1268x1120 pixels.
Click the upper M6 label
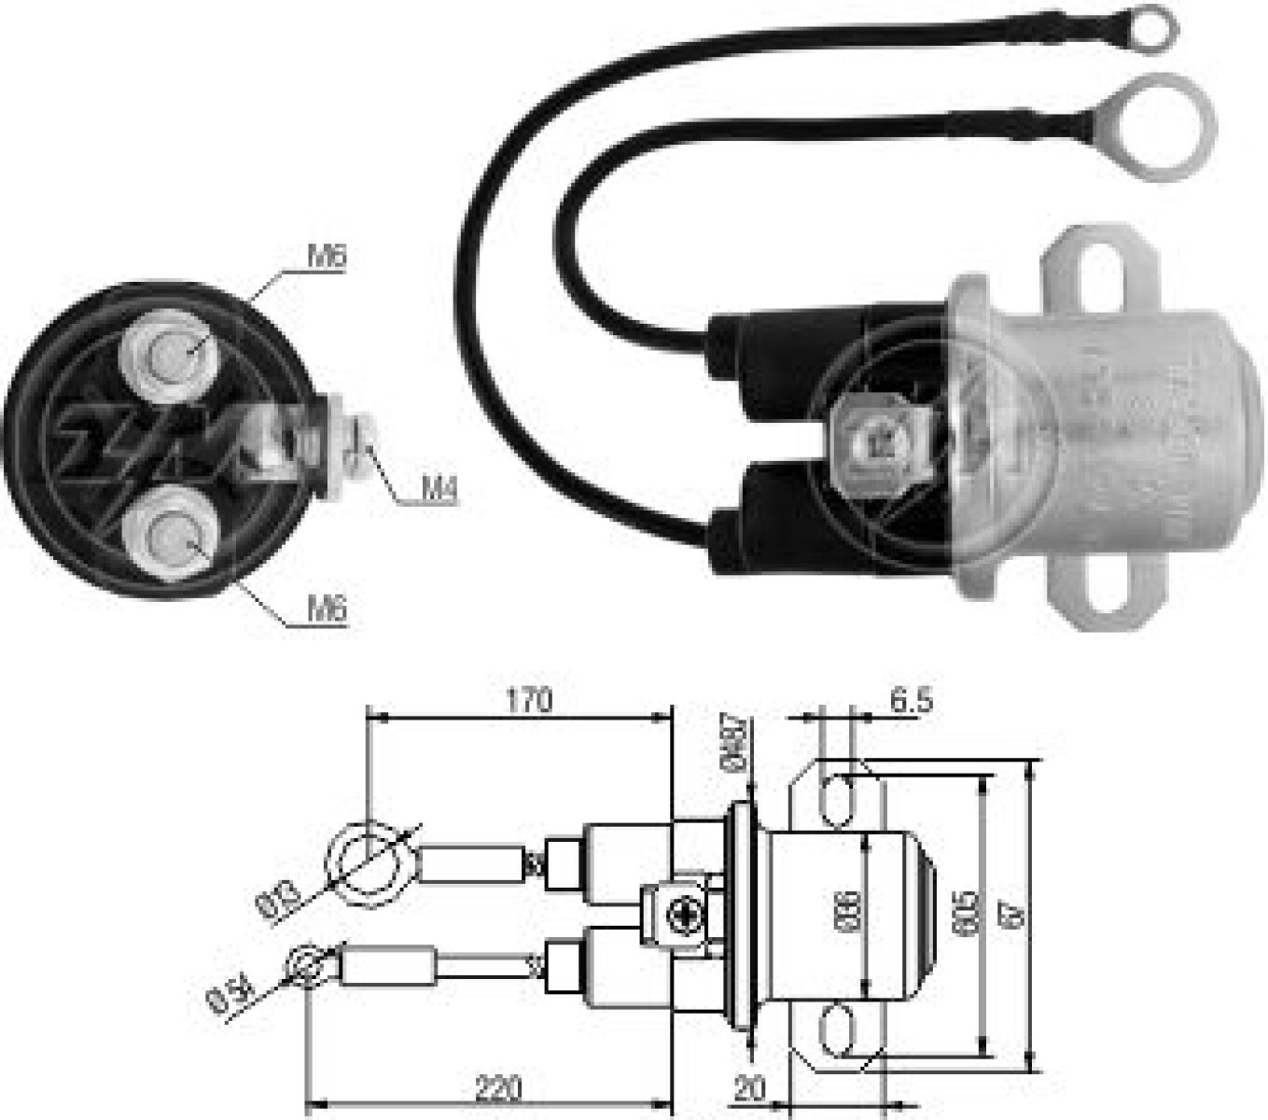(x=327, y=257)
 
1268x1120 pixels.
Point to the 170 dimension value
(x=529, y=699)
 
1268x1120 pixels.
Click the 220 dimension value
(x=498, y=1088)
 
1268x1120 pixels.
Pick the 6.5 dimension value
(x=910, y=700)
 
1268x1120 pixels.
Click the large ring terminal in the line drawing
(x=370, y=861)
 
